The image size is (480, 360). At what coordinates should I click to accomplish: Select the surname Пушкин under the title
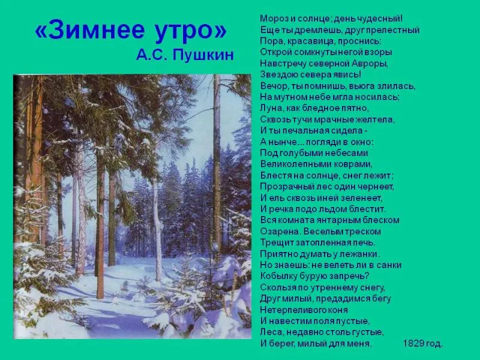click(x=203, y=56)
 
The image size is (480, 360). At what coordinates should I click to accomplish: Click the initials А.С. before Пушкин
click(x=151, y=55)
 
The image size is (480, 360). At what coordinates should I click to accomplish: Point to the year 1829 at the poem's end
click(x=413, y=343)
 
